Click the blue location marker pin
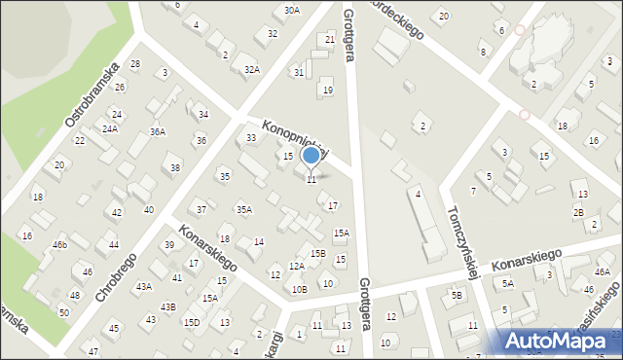click(x=311, y=156)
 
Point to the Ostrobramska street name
click(x=92, y=94)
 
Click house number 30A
click(x=292, y=10)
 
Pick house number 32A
click(x=251, y=69)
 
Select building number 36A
click(x=157, y=131)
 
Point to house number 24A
click(x=110, y=128)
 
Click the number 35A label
click(x=244, y=209)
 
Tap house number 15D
click(x=192, y=322)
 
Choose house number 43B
click(x=168, y=306)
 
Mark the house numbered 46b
click(x=60, y=245)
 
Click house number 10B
click(x=299, y=289)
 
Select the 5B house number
click(x=456, y=295)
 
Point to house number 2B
click(x=578, y=212)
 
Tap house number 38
click(x=175, y=167)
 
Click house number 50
click(x=63, y=311)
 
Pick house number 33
click(x=251, y=137)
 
